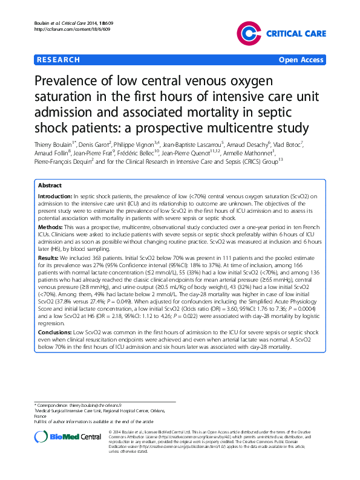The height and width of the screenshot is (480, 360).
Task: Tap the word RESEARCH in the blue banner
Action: pos(59,60)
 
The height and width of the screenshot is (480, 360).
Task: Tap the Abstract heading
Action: pos(50,186)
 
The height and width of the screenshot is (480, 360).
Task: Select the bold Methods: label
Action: pos(51,226)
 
